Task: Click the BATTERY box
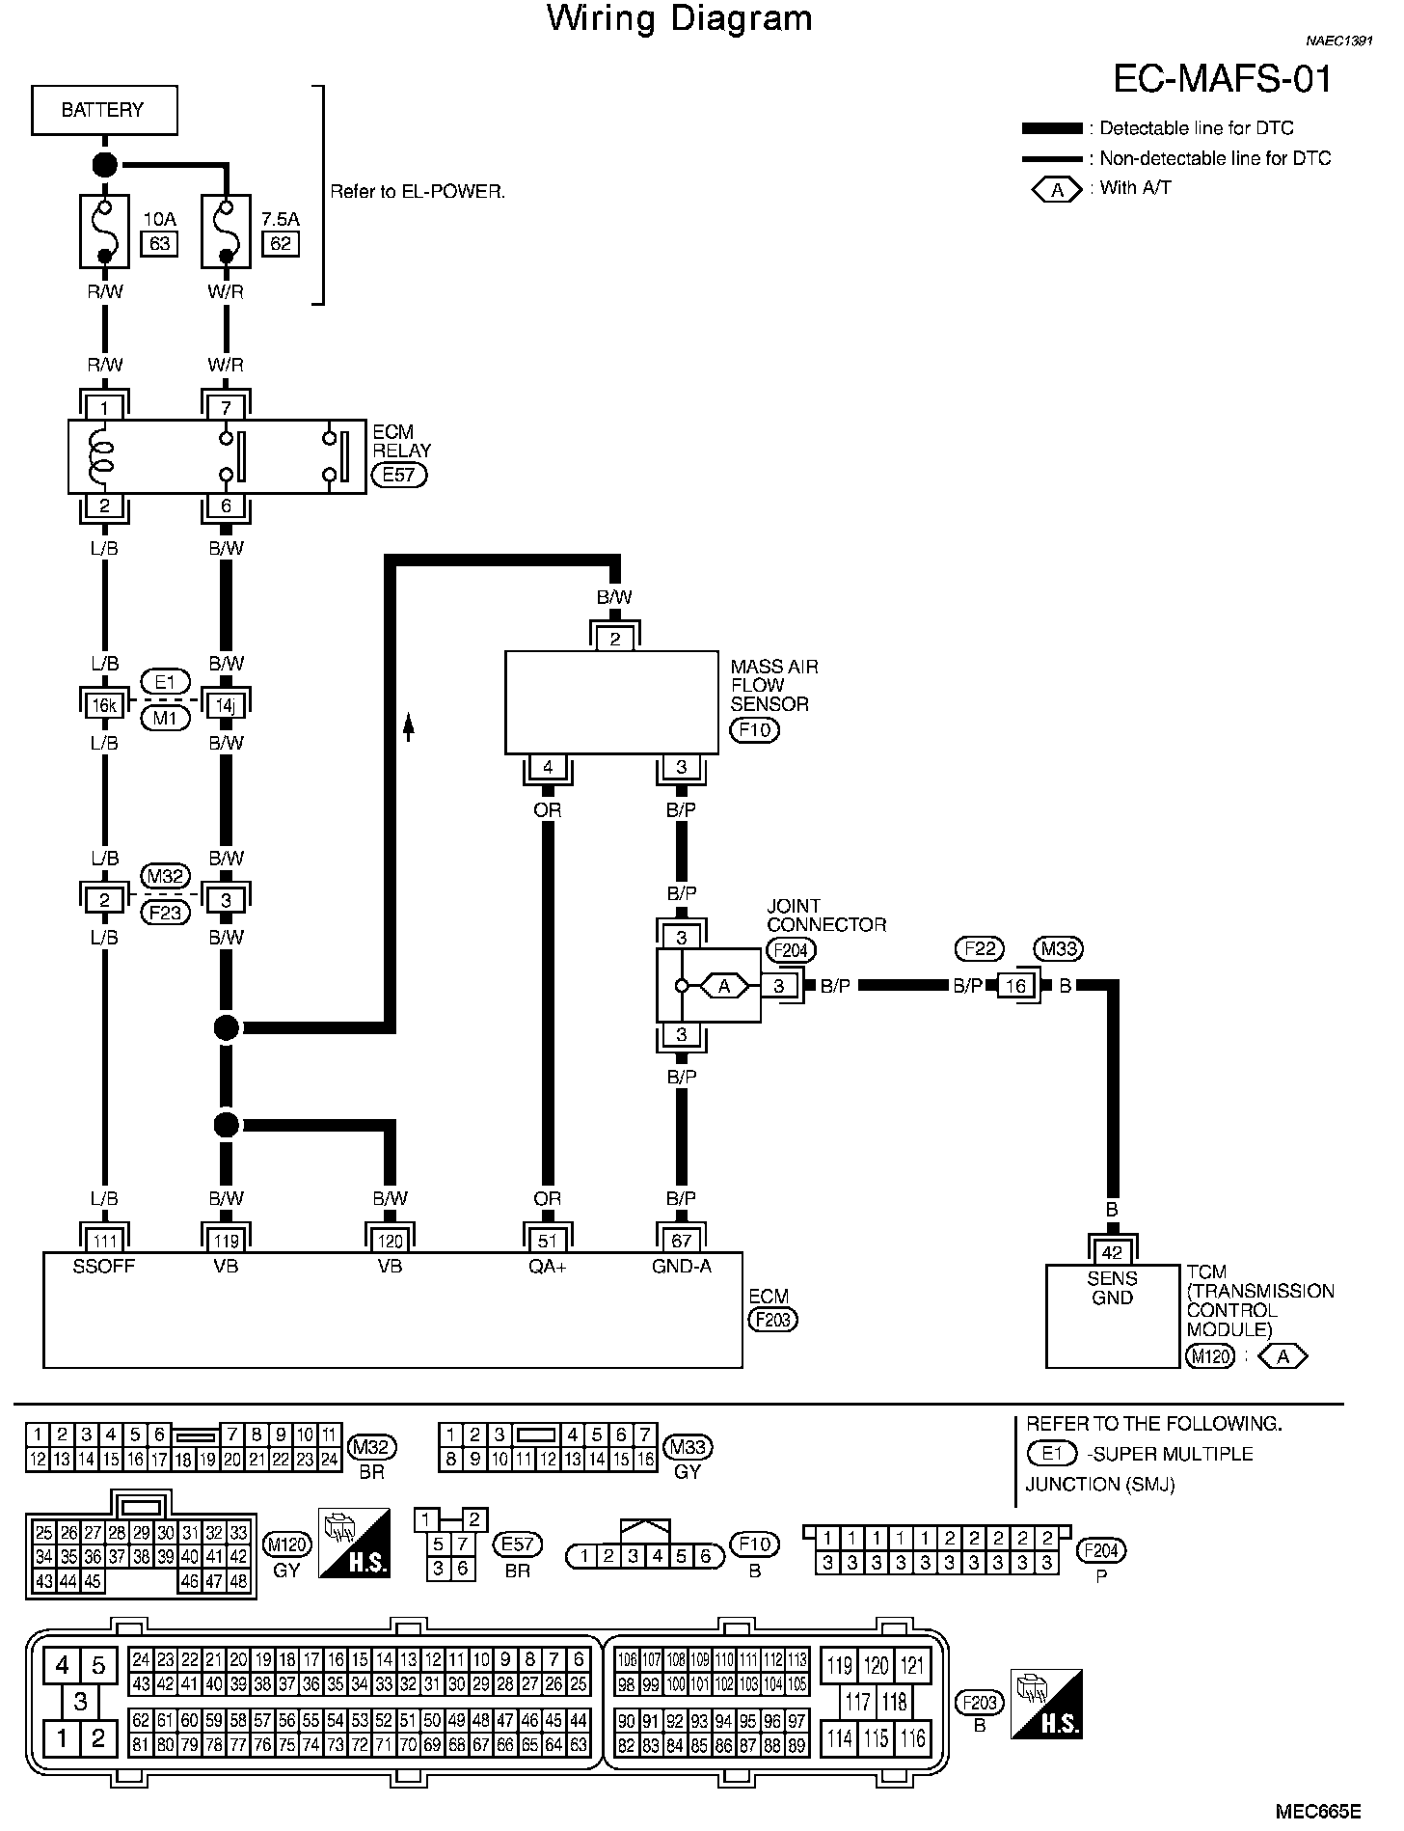tap(104, 110)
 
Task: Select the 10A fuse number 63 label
tap(160, 243)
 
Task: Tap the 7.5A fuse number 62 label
tap(281, 243)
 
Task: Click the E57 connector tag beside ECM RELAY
tap(399, 475)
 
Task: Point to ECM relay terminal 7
tap(226, 408)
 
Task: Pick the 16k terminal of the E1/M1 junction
tap(104, 705)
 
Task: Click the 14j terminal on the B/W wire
tap(226, 705)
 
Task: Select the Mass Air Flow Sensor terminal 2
tap(615, 639)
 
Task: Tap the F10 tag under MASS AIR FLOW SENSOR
tap(754, 729)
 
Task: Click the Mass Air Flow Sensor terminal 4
tap(548, 767)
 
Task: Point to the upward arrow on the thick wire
tap(408, 726)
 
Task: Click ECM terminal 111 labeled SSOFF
tap(104, 1241)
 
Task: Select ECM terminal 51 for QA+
tap(548, 1241)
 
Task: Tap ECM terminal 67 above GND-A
tap(682, 1241)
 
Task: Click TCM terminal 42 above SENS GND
tap(1113, 1252)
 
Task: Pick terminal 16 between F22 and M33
tap(1015, 986)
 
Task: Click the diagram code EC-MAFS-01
tap(1223, 78)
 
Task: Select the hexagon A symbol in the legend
tap(1058, 190)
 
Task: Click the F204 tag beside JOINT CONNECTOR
tap(791, 950)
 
